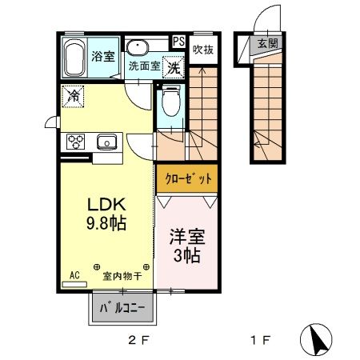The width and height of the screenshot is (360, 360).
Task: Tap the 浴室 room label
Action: click(104, 56)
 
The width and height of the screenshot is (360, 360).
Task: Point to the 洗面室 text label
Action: click(144, 66)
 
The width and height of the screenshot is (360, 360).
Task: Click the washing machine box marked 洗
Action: click(173, 67)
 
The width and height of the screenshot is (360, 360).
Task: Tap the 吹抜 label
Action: click(202, 49)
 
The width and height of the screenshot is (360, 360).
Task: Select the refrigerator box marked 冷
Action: click(73, 94)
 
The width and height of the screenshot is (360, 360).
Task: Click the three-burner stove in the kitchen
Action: click(76, 142)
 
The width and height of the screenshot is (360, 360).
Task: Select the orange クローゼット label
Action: click(186, 178)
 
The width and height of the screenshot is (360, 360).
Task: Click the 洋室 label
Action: click(186, 238)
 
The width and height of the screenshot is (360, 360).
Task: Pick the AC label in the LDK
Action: click(74, 274)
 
